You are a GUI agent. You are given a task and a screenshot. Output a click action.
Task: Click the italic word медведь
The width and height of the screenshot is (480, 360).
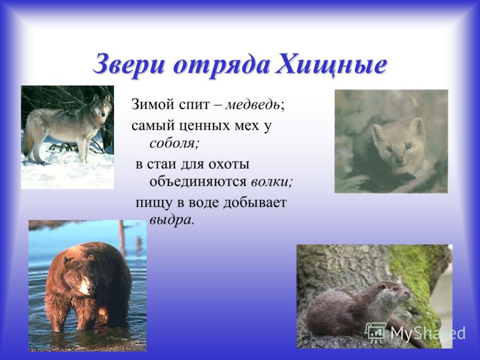pyautogui.click(x=253, y=104)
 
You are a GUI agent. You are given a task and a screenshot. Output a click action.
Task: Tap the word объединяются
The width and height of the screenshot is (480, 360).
pyautogui.click(x=198, y=182)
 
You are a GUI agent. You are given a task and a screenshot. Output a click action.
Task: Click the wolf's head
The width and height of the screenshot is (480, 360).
pyautogui.click(x=103, y=107)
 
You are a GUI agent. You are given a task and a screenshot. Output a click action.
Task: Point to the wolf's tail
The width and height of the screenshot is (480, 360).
pyautogui.click(x=27, y=142)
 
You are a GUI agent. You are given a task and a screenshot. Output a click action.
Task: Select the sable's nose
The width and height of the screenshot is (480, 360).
pyautogui.click(x=398, y=160)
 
